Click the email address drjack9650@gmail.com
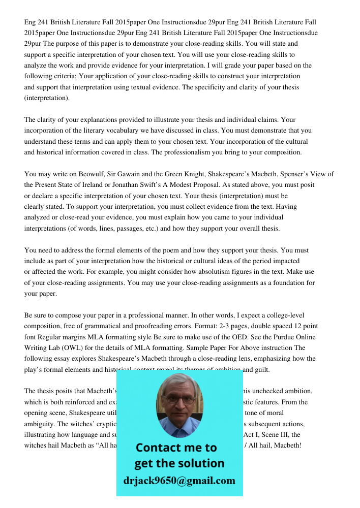pyautogui.click(x=179, y=481)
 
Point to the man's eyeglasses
pyautogui.click(x=178, y=399)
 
